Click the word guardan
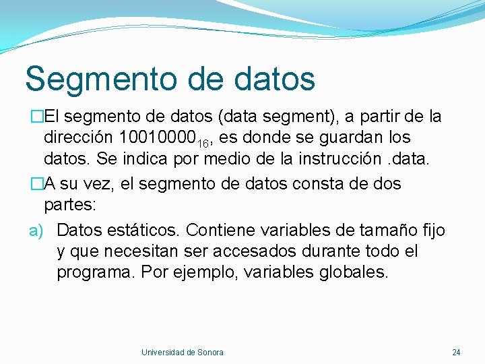350,138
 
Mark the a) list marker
36,231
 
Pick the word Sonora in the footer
210,353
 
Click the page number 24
456,353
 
